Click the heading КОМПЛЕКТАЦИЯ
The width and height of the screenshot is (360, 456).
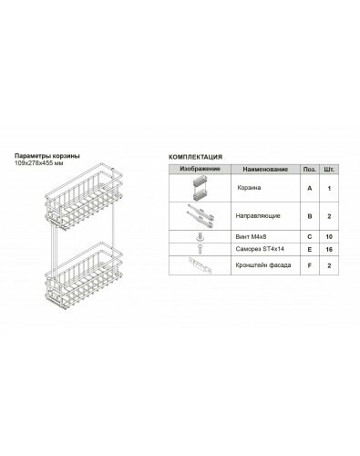coord(195,157)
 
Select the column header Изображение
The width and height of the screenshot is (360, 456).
coord(200,169)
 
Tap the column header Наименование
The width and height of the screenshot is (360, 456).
coord(265,170)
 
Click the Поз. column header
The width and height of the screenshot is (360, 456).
coord(310,170)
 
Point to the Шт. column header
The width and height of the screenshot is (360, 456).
coord(329,170)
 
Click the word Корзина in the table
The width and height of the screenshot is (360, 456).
coord(249,188)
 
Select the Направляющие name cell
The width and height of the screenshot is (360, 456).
coord(258,216)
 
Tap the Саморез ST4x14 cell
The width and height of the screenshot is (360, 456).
coord(260,249)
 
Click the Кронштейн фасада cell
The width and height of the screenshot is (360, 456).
coord(263,265)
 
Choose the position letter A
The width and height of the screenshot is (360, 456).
coord(310,189)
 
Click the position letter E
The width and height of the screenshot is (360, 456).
coord(310,250)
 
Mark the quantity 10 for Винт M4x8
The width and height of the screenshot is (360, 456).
coord(329,237)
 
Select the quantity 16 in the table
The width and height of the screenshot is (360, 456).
coord(329,250)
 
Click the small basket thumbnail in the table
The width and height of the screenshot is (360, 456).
coord(200,188)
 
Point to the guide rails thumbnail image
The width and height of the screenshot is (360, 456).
coord(201,216)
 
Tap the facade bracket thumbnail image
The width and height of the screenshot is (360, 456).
coord(201,265)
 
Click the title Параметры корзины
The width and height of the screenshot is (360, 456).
coord(47,156)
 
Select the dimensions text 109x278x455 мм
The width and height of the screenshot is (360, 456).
coord(39,163)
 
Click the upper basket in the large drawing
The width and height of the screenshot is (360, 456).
coord(84,198)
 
